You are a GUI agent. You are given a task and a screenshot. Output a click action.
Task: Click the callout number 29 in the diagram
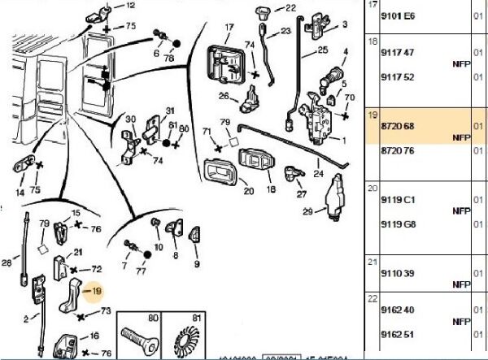[307, 213]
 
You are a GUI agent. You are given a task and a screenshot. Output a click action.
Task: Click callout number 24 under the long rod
[317, 174]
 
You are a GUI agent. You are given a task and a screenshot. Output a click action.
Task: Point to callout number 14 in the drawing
[20, 193]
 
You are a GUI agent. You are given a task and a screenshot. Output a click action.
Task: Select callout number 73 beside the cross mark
[106, 311]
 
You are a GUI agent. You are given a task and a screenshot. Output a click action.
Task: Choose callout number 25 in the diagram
[322, 50]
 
